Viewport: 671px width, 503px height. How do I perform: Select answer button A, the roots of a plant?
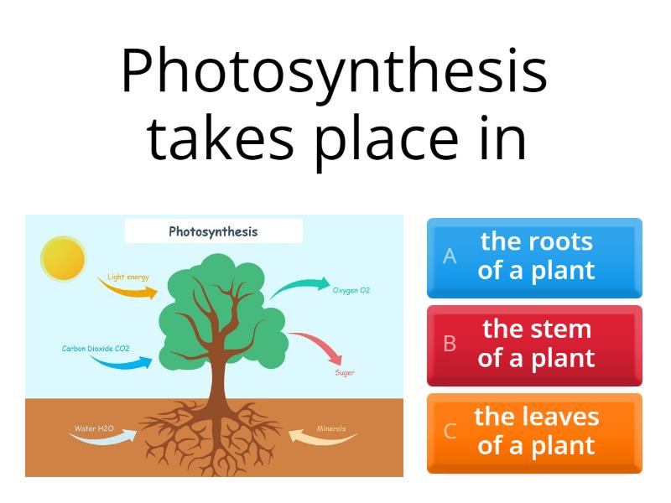[x=534, y=257]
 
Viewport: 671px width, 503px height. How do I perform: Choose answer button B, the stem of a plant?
[x=534, y=345]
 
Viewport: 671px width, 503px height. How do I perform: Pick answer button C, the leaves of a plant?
[x=534, y=432]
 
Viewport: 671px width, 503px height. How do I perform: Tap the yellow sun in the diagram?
[x=63, y=258]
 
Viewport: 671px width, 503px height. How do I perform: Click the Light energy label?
[x=127, y=277]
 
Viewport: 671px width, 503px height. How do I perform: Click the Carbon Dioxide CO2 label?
[x=96, y=348]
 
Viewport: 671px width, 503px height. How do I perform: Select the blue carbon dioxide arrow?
[x=122, y=362]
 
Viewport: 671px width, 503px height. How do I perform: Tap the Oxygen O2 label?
[x=351, y=290]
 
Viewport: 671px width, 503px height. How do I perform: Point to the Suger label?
[x=345, y=372]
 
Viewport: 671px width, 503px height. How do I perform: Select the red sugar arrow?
[x=316, y=345]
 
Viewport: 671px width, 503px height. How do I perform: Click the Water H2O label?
[x=94, y=428]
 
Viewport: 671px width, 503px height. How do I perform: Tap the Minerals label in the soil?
[x=331, y=428]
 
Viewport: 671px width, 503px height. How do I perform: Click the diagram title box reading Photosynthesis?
[x=213, y=231]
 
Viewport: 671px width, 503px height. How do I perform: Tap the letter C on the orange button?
[x=450, y=432]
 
